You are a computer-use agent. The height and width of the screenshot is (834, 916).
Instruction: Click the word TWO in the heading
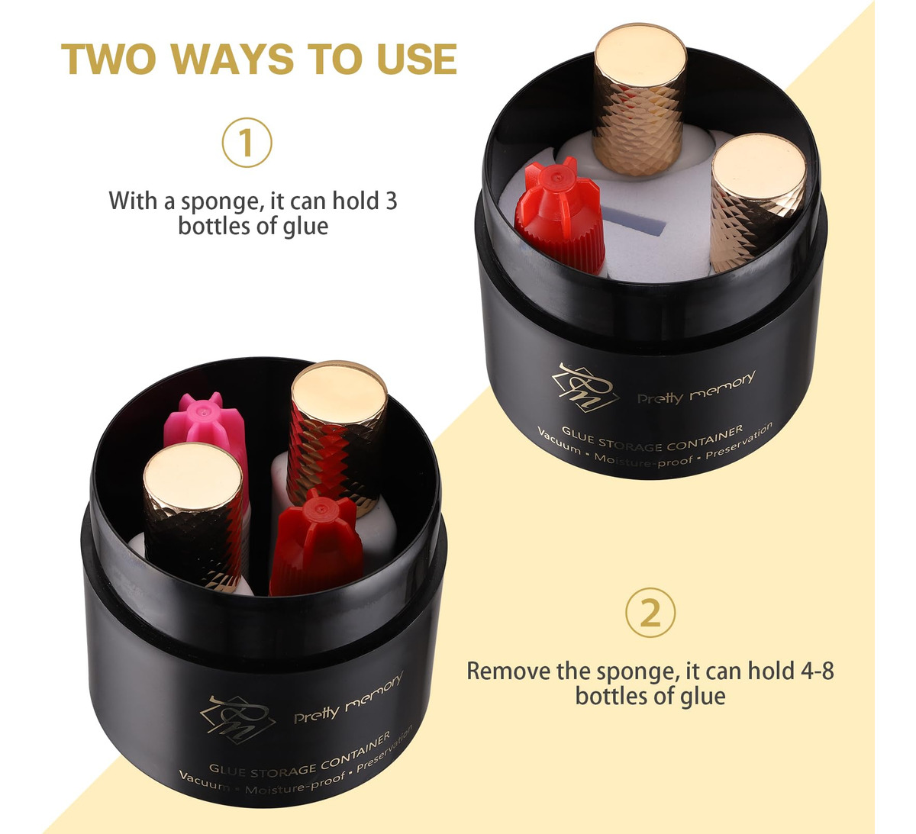tap(108, 59)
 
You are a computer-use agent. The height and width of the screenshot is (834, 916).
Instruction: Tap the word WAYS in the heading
tap(231, 59)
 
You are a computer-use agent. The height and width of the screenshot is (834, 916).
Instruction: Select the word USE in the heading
tap(417, 59)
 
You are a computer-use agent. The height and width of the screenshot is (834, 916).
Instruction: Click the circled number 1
tap(247, 143)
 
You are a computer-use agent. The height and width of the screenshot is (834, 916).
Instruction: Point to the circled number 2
tap(650, 613)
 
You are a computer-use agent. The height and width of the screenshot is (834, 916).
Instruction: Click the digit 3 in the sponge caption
tap(391, 201)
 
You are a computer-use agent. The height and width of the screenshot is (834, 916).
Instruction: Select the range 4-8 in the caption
tap(818, 671)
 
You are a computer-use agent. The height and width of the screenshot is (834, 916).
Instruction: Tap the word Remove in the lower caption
tap(506, 671)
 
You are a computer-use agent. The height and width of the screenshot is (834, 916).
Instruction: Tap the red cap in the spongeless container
tap(317, 543)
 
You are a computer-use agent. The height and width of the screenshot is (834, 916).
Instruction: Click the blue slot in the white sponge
tap(634, 220)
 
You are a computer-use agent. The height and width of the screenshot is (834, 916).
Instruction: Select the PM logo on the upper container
tap(585, 388)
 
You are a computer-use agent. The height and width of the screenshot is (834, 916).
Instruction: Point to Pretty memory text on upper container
tap(696, 388)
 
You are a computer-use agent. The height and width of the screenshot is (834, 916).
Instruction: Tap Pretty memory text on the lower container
tap(348, 698)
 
